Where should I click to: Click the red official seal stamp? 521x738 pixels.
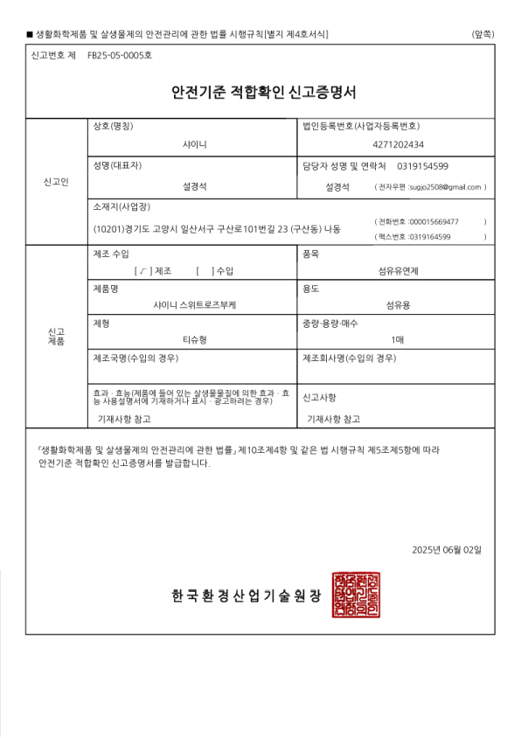point(356,595)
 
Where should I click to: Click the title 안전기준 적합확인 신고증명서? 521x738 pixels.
point(259,92)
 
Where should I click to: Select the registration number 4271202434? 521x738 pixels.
point(398,144)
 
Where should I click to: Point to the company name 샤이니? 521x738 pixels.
point(194,144)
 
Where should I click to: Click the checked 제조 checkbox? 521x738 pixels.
point(139,271)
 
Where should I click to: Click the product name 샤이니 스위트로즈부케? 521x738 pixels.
point(194,305)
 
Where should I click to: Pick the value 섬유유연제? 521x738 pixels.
point(398,271)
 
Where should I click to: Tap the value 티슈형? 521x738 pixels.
point(194,339)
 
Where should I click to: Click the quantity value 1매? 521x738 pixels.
point(398,339)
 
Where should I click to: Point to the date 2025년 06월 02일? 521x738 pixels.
point(447,549)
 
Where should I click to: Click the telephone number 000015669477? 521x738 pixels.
point(434,221)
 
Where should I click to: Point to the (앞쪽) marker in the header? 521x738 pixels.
point(482,34)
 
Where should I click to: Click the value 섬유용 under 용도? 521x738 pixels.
point(398,305)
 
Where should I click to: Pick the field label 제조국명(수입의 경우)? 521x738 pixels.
point(141,358)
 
